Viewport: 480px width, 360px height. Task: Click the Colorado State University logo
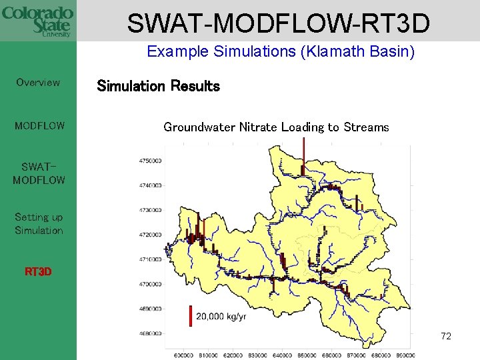click(x=38, y=21)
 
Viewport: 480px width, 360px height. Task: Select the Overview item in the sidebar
click(x=38, y=83)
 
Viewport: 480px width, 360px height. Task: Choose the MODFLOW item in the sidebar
click(x=39, y=125)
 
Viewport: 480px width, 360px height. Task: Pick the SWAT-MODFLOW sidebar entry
click(x=39, y=173)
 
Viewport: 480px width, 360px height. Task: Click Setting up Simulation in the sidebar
click(x=39, y=224)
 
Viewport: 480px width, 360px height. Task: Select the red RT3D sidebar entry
click(x=38, y=272)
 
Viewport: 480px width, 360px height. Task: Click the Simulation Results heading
click(x=158, y=86)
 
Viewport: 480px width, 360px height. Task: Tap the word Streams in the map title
click(x=366, y=127)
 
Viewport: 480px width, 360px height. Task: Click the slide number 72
click(x=446, y=336)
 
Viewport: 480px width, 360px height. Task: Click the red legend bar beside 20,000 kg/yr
click(x=191, y=315)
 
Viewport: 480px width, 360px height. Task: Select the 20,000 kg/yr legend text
click(x=221, y=316)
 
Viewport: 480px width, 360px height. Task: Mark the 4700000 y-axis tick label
click(x=151, y=284)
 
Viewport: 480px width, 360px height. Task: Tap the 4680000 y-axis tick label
click(x=151, y=333)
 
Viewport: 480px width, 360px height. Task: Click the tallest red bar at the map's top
click(x=303, y=155)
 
